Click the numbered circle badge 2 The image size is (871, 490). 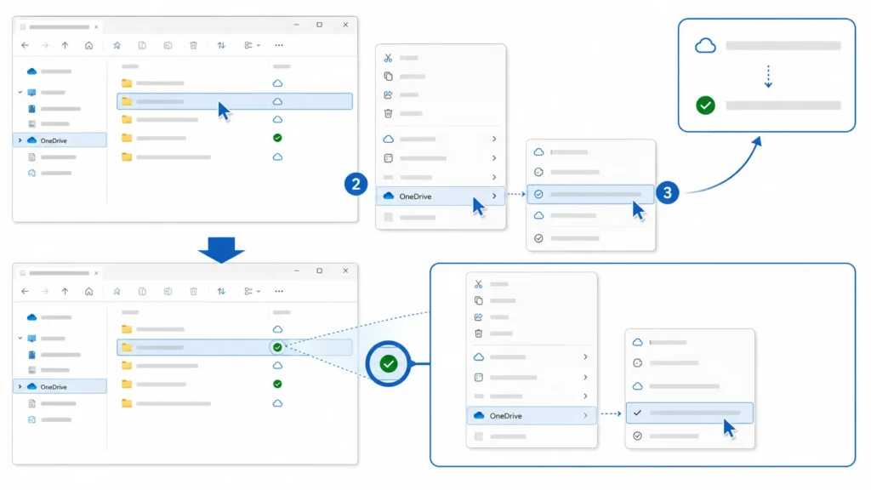point(356,184)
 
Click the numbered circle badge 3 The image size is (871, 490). point(667,193)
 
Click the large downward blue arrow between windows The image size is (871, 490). point(221,249)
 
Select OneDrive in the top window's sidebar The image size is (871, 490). point(54,140)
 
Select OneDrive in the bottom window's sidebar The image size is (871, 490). point(54,387)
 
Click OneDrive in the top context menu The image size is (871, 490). point(415,197)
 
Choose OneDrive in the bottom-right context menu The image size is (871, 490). point(505,415)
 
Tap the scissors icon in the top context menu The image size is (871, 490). point(388,58)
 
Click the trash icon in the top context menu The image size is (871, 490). point(388,113)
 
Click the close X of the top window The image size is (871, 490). point(345,25)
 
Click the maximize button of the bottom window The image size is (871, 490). point(320,271)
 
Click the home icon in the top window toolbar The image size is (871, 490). point(88,46)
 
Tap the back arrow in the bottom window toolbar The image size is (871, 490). point(25,291)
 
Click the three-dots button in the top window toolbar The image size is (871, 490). point(279,46)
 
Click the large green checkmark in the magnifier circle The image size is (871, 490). point(388,364)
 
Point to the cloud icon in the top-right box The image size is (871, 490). point(705,46)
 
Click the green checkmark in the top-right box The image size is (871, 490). point(705,105)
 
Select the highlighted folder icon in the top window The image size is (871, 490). point(127,101)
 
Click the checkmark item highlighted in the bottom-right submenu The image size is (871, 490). point(689,413)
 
